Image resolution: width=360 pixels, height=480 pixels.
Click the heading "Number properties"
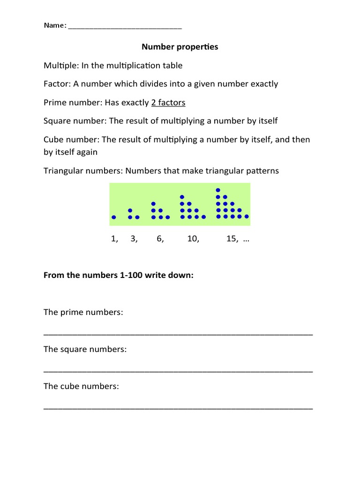(x=180, y=47)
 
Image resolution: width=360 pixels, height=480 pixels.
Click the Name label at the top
(x=55, y=25)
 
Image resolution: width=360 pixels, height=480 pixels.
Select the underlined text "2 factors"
(x=168, y=102)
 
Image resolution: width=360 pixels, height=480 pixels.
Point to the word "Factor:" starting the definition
(x=57, y=84)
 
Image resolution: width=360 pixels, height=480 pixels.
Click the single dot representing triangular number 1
(x=114, y=217)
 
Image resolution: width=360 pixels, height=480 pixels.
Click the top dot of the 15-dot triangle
(x=217, y=190)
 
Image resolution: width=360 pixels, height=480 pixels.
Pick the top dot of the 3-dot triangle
(x=130, y=210)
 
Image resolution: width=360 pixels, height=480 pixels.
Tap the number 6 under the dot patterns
(x=160, y=239)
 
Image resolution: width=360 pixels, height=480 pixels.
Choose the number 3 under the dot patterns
(x=134, y=239)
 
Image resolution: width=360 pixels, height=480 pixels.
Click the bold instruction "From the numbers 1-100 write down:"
(x=119, y=276)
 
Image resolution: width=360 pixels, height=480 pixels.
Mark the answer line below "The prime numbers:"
(x=178, y=334)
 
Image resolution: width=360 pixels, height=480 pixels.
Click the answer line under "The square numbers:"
(x=178, y=371)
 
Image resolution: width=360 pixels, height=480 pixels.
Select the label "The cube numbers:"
(x=81, y=387)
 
